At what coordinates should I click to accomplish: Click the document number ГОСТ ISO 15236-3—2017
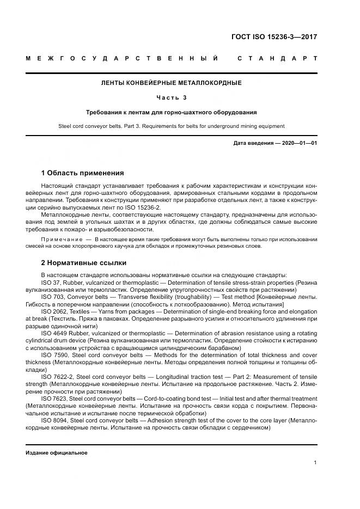[274, 38]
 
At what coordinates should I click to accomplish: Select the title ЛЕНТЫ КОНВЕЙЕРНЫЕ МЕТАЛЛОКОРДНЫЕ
[172, 83]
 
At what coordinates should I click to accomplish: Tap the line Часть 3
[172, 98]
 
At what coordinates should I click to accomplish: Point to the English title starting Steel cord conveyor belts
[172, 126]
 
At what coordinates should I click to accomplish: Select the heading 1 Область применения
[82, 173]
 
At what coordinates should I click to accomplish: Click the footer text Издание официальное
[57, 452]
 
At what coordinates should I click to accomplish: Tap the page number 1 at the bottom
[315, 463]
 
